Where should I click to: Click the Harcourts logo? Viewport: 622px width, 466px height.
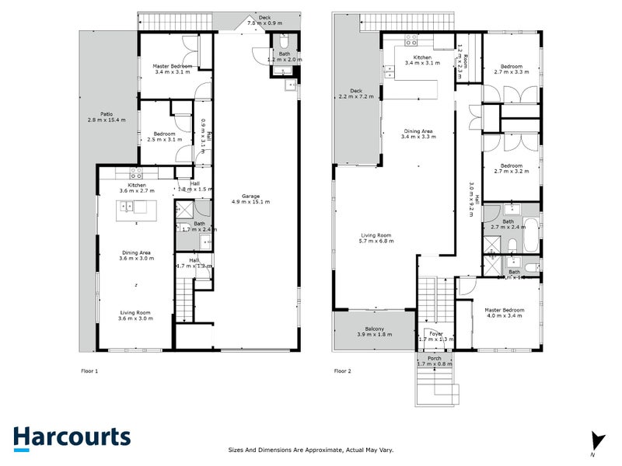tap(72, 436)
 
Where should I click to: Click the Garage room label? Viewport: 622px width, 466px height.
tap(250, 199)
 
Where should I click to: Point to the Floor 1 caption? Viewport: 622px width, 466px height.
tap(90, 371)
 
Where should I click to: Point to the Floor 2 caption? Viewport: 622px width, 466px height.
tap(343, 371)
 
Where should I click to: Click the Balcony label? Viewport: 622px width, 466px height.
tap(375, 331)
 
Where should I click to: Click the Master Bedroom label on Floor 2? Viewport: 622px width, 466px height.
tap(505, 313)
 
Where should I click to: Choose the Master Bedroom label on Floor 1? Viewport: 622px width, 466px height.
tap(173, 70)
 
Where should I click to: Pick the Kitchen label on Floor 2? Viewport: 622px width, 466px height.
tap(422, 61)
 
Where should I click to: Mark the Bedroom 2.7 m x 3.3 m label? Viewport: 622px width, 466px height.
tap(511, 69)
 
